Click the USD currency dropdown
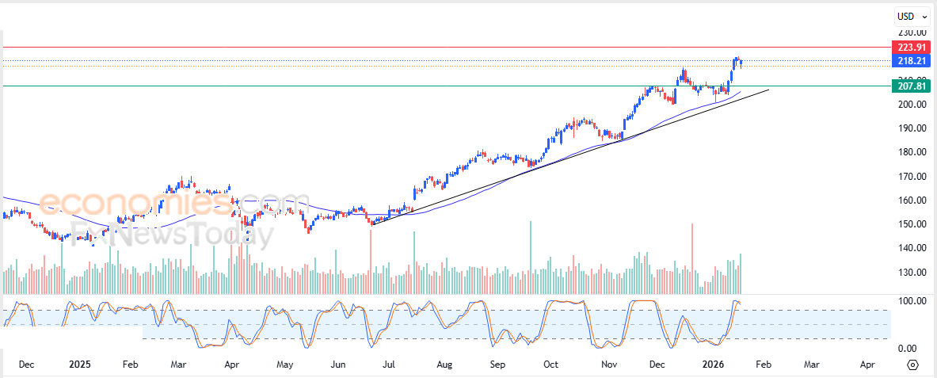[x=910, y=16]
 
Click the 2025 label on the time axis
[x=79, y=365]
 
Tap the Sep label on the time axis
[x=497, y=365]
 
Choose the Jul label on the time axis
[x=389, y=365]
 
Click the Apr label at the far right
[x=867, y=365]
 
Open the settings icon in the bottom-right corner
[x=912, y=365]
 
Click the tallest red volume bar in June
[x=370, y=262]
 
